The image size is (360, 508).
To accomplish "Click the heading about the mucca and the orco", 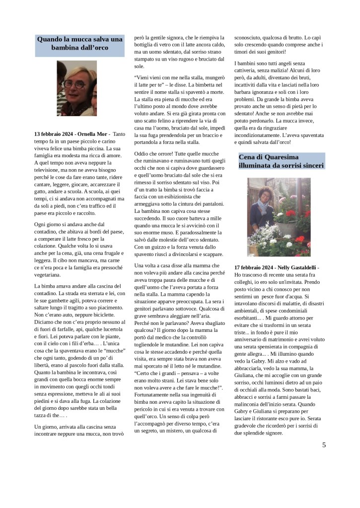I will pyautogui.click(x=79, y=43).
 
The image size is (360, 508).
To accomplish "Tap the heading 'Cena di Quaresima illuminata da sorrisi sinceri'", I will pyautogui.click(x=281, y=161).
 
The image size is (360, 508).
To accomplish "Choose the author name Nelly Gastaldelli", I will pyautogui.click(x=296, y=268).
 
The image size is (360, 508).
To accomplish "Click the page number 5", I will pyautogui.click(x=324, y=445).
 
